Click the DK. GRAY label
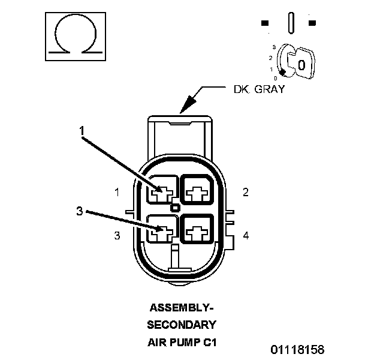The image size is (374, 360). point(258,90)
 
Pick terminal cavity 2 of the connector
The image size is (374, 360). point(197,192)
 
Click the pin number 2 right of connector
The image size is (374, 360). point(246,192)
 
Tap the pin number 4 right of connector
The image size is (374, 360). point(246,236)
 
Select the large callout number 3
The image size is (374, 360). point(79,211)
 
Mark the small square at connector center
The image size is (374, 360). point(175,208)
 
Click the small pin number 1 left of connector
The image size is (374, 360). point(117,192)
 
